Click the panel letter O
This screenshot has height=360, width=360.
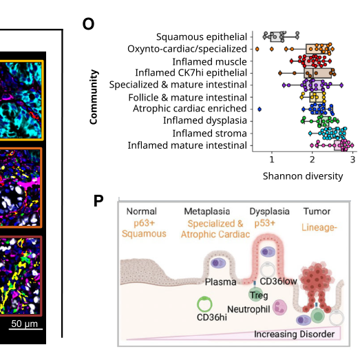point(88,24)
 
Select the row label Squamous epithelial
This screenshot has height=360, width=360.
point(201,36)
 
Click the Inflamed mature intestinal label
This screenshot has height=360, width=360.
point(187,145)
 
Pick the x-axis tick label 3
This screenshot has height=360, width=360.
point(352,160)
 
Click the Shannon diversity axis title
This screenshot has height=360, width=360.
point(302,176)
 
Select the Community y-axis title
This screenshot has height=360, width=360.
point(94,97)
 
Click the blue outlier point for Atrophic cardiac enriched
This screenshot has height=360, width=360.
point(260,109)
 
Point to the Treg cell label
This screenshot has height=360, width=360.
point(259,295)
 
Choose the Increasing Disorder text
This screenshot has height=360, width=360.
point(294,335)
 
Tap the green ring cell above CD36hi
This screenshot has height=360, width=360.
point(204,304)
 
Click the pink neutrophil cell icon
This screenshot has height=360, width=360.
point(281,307)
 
